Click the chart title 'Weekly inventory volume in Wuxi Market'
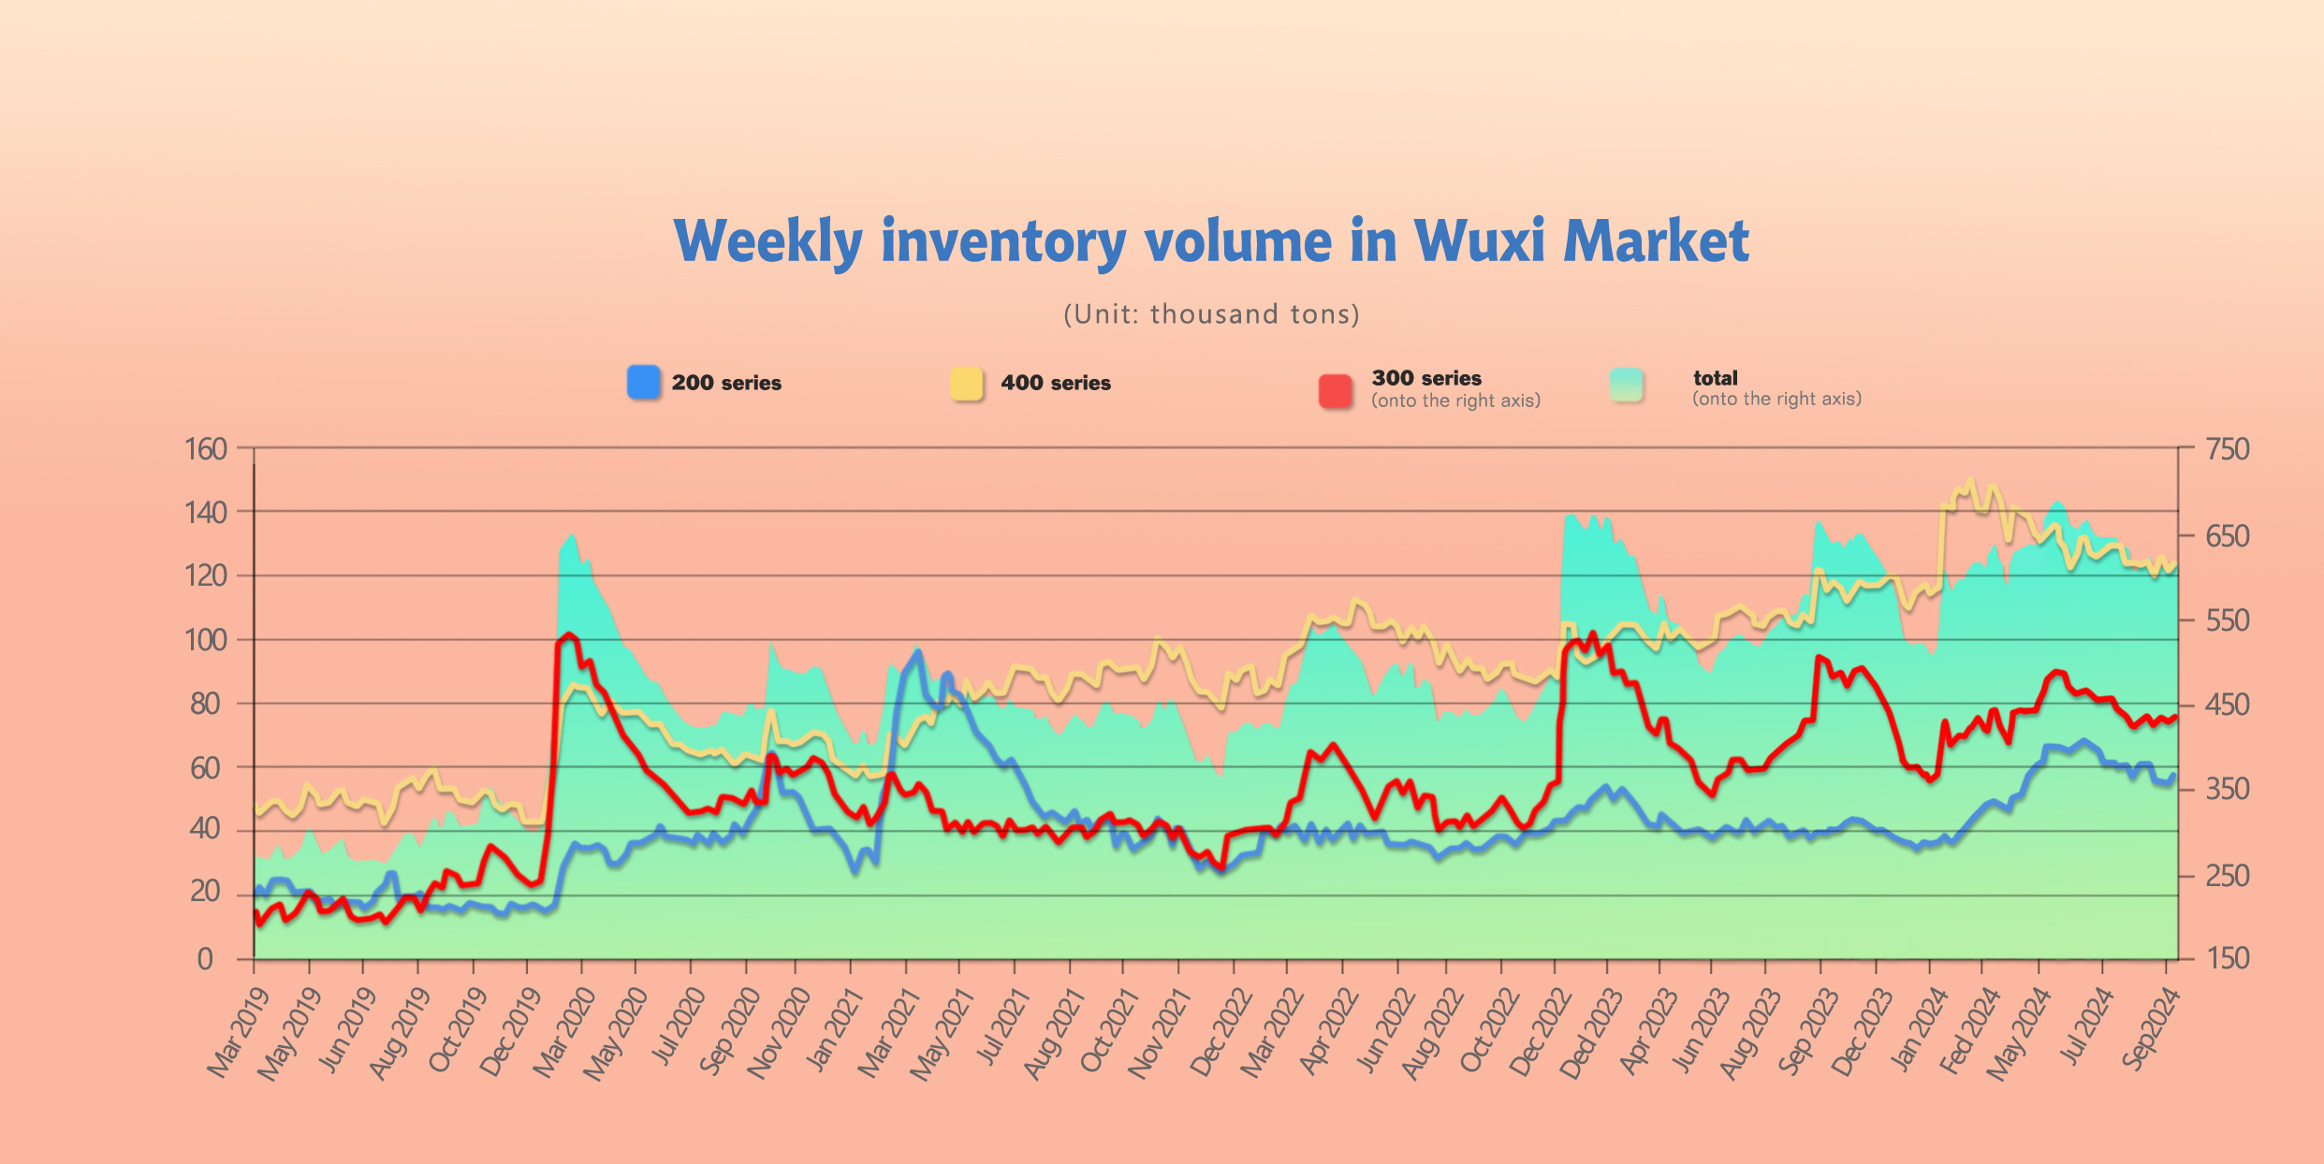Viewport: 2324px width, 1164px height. click(1211, 241)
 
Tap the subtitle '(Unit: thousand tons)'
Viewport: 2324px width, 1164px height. click(1211, 313)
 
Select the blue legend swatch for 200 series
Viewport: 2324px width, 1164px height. click(644, 383)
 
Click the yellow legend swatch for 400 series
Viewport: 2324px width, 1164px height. click(967, 384)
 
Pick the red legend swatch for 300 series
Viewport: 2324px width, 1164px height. click(1336, 391)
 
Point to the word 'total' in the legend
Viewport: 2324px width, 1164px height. click(1715, 378)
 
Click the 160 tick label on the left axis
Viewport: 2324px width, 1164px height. click(206, 449)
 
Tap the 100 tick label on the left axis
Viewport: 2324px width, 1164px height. click(206, 640)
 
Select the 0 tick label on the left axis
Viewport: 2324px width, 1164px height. click(205, 959)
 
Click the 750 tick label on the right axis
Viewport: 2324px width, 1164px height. click(2228, 449)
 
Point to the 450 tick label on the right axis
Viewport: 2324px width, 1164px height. click(2228, 705)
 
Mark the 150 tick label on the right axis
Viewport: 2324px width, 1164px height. click(2228, 958)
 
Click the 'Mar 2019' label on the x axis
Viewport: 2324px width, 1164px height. click(238, 1033)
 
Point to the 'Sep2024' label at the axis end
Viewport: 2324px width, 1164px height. click(2150, 1029)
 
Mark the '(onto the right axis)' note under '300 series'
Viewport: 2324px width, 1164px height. click(1455, 400)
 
